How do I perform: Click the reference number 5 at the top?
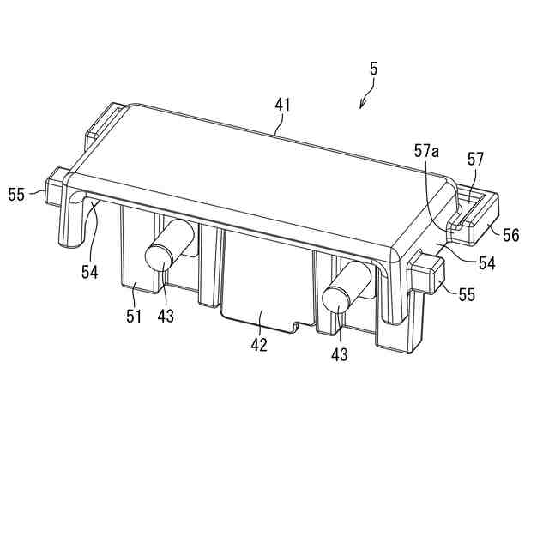pyautogui.click(x=373, y=69)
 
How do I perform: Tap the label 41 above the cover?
pyautogui.click(x=282, y=105)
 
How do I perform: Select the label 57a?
pyautogui.click(x=426, y=153)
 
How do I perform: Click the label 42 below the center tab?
pyautogui.click(x=259, y=345)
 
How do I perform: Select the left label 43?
pyautogui.click(x=166, y=315)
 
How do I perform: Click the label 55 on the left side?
pyautogui.click(x=16, y=194)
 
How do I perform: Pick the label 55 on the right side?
pyautogui.click(x=467, y=295)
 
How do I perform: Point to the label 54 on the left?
pyautogui.click(x=89, y=272)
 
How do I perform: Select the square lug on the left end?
pyautogui.click(x=56, y=182)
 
